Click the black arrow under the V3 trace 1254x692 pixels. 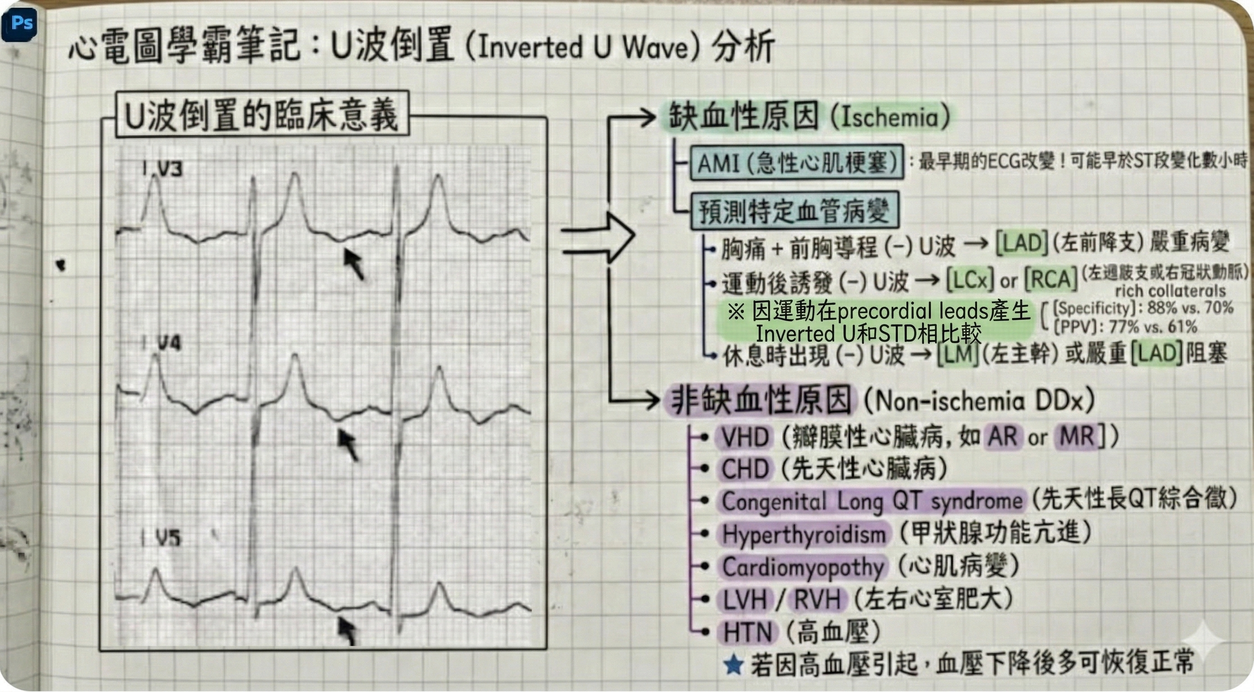(x=354, y=264)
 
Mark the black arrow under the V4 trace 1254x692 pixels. (x=349, y=444)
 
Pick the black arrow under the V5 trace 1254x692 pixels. (x=348, y=631)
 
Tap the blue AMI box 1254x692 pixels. (x=796, y=163)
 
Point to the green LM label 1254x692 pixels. (x=958, y=354)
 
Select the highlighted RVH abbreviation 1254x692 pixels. (x=818, y=600)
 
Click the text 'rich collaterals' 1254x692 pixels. (x=1170, y=291)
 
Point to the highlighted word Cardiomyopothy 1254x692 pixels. (x=803, y=567)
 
